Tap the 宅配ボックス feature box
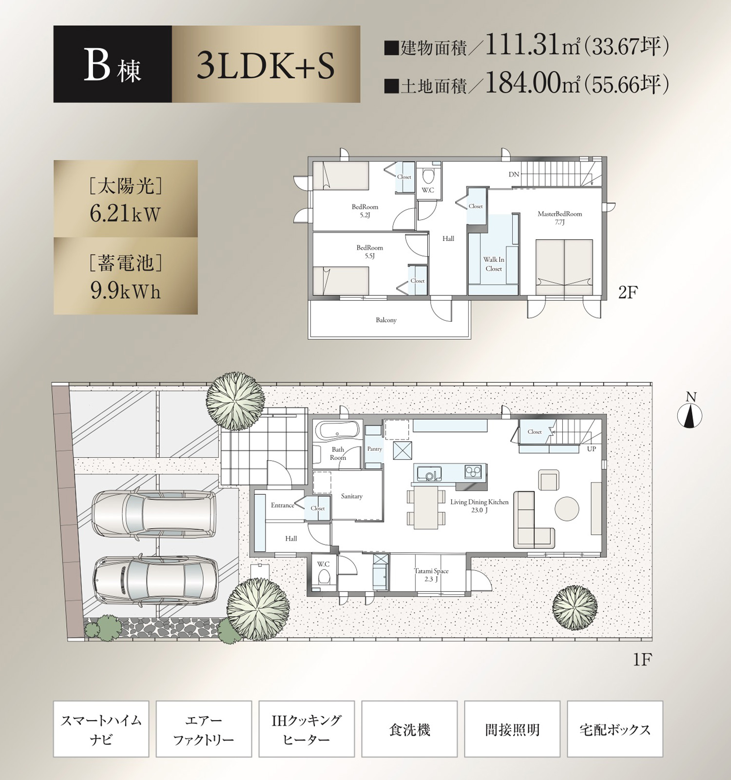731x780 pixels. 615,729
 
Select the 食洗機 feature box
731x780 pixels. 409,729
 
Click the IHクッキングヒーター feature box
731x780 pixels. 307,729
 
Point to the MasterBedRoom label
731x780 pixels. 559,214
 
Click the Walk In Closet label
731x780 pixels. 494,264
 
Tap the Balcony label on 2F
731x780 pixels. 386,320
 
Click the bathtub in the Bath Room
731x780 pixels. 337,431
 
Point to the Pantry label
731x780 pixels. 374,449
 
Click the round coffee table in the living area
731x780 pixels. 567,508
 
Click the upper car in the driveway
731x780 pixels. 154,514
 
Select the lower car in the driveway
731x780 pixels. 156,580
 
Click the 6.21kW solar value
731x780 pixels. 125,214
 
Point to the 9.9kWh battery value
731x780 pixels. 125,291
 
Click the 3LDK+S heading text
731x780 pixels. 266,66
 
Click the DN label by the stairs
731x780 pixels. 514,175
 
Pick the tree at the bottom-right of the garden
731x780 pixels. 575,607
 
